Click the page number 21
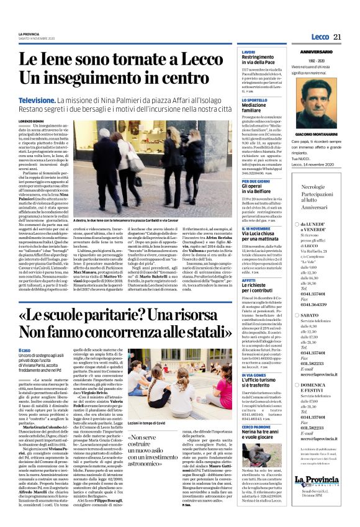[x=336, y=37]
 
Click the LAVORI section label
[x=248, y=52]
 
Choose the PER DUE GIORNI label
[x=256, y=181]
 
